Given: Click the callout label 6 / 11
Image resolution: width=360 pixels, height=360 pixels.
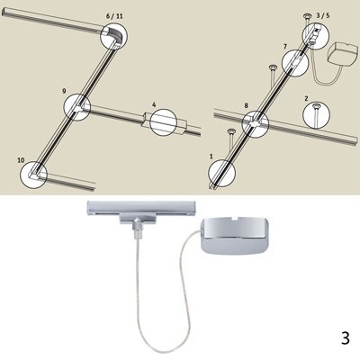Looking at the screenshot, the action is point(114,16).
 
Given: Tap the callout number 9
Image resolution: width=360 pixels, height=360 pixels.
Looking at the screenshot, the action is point(65,91).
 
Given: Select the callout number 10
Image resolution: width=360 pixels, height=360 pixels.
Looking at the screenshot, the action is point(21,160).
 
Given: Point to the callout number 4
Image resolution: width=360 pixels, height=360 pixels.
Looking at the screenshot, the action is point(154,104).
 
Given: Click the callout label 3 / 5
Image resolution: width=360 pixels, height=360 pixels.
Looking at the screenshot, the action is point(323,16).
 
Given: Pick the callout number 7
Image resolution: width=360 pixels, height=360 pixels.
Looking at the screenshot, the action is point(285,47).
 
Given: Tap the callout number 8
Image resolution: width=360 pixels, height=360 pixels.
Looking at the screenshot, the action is point(247,105).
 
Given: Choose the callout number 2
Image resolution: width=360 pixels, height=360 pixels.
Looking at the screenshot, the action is point(306,98).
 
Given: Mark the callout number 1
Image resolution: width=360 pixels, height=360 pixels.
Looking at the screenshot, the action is point(211,157).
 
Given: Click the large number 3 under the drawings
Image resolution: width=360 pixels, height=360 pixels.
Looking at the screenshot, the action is point(346,337).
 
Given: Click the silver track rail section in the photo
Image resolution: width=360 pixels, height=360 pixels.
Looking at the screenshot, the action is point(140,208).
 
